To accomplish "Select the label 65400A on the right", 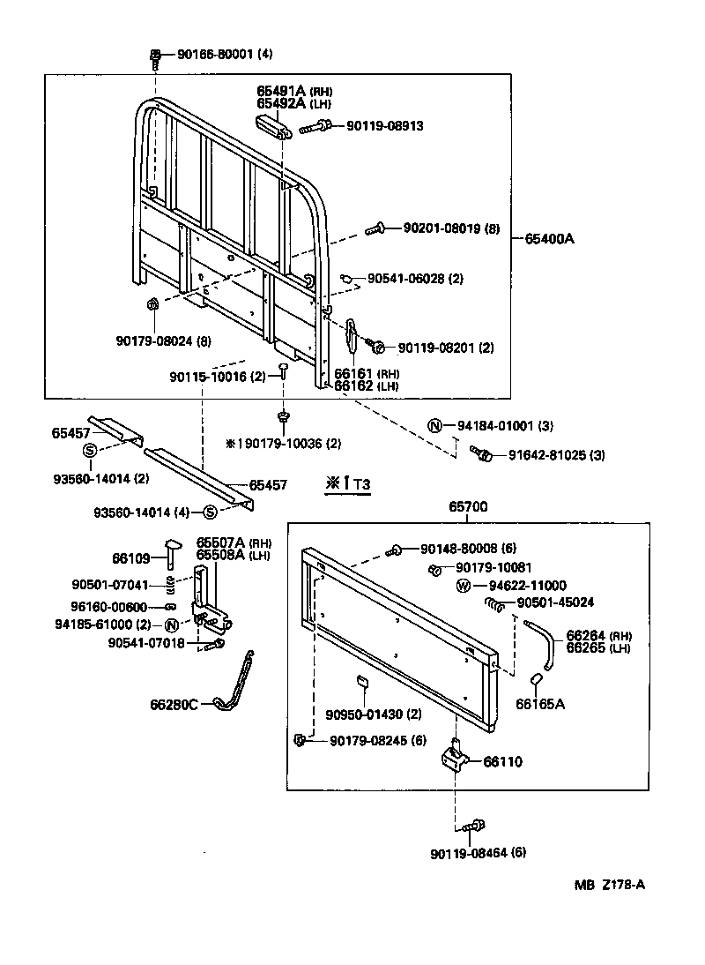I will (550, 238).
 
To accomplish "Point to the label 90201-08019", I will (441, 228).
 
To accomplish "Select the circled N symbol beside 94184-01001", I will (434, 426).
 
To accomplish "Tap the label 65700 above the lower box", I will (468, 506).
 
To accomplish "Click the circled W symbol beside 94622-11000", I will (464, 586).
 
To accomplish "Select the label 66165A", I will (541, 704).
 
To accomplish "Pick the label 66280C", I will (174, 704).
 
